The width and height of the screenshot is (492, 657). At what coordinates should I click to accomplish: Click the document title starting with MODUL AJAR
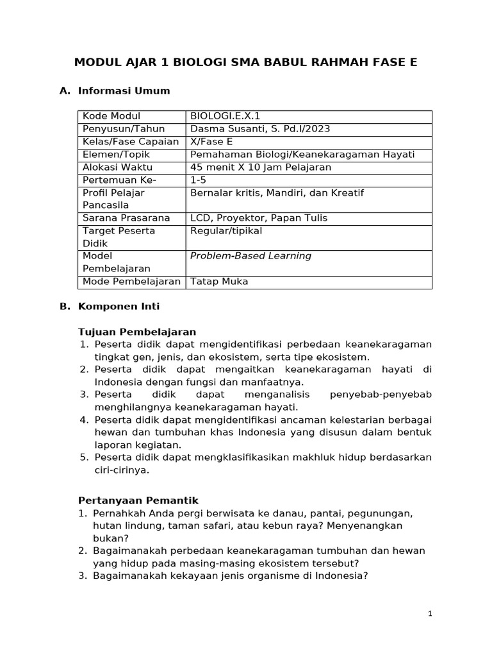point(245,62)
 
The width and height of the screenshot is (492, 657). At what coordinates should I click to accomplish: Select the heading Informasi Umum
point(124,91)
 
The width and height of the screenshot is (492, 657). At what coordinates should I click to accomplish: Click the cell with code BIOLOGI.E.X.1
point(225,116)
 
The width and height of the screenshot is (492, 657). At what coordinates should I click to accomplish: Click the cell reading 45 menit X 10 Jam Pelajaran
point(261,167)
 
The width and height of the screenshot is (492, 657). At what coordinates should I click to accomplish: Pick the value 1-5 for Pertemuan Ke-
point(199,180)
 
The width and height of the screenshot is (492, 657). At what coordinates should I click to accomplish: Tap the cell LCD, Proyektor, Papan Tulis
point(259,218)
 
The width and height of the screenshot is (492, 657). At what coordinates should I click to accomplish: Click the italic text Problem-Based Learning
point(251,256)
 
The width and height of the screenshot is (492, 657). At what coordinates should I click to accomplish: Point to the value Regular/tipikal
point(226,230)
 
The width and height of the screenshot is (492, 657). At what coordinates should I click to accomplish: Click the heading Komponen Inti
point(119,307)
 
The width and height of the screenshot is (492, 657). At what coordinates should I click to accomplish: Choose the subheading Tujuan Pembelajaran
point(136,332)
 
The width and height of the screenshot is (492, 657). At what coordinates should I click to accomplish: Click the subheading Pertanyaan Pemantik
point(138,500)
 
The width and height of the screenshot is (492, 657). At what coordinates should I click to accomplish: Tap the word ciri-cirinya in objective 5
point(122,470)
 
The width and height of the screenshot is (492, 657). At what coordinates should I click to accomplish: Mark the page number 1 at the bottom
point(430,614)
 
